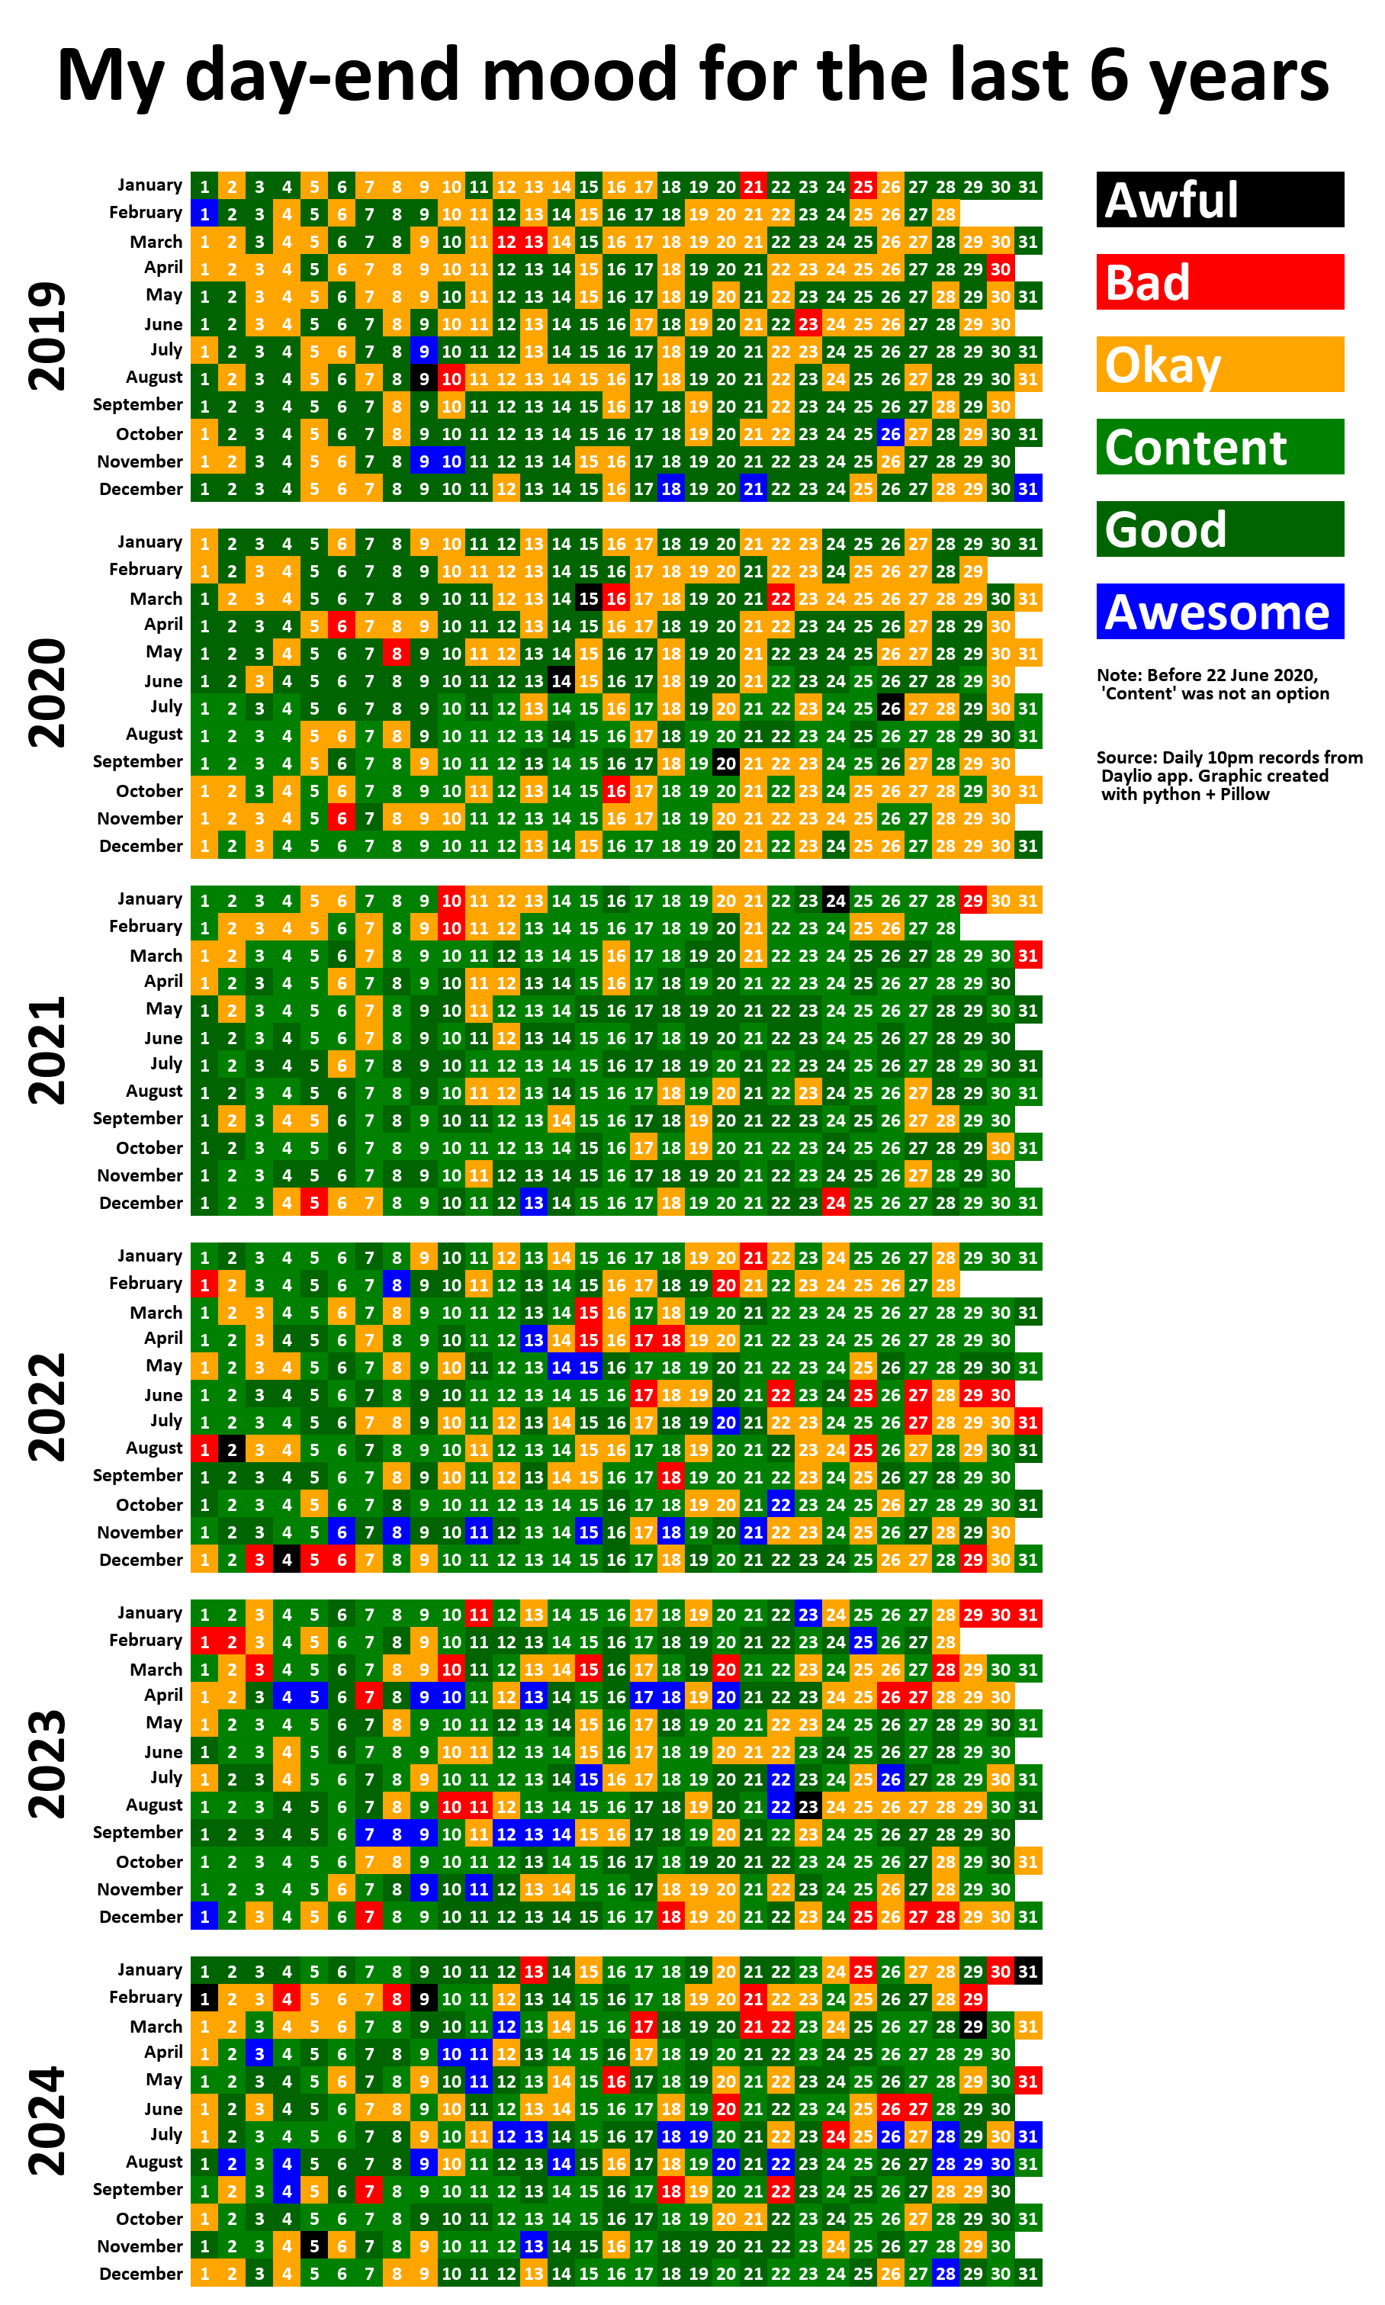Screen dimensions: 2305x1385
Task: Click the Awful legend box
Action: click(1220, 200)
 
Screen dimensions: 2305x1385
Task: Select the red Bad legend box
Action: click(1220, 281)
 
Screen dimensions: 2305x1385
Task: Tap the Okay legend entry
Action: click(1220, 364)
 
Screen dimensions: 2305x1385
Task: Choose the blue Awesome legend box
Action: click(1220, 611)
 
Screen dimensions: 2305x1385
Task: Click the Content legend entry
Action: click(1220, 446)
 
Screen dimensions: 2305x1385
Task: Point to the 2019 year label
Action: click(47, 336)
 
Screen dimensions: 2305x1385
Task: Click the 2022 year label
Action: click(47, 1406)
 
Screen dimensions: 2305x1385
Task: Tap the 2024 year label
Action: click(47, 2120)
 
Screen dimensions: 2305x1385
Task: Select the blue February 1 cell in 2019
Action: click(204, 214)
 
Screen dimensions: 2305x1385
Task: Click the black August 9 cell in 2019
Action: click(424, 379)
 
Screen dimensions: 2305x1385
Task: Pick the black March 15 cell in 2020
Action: click(588, 598)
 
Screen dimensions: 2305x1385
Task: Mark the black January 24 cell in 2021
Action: click(835, 901)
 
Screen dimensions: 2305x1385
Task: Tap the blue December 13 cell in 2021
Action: click(533, 1203)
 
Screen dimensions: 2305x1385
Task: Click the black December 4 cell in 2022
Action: click(287, 1559)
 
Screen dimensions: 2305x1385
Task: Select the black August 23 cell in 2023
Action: click(808, 1807)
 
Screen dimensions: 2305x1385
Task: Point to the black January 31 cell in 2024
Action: click(1027, 1971)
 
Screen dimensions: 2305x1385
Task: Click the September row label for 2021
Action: click(137, 1119)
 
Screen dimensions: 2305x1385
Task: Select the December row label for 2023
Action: click(141, 1917)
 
